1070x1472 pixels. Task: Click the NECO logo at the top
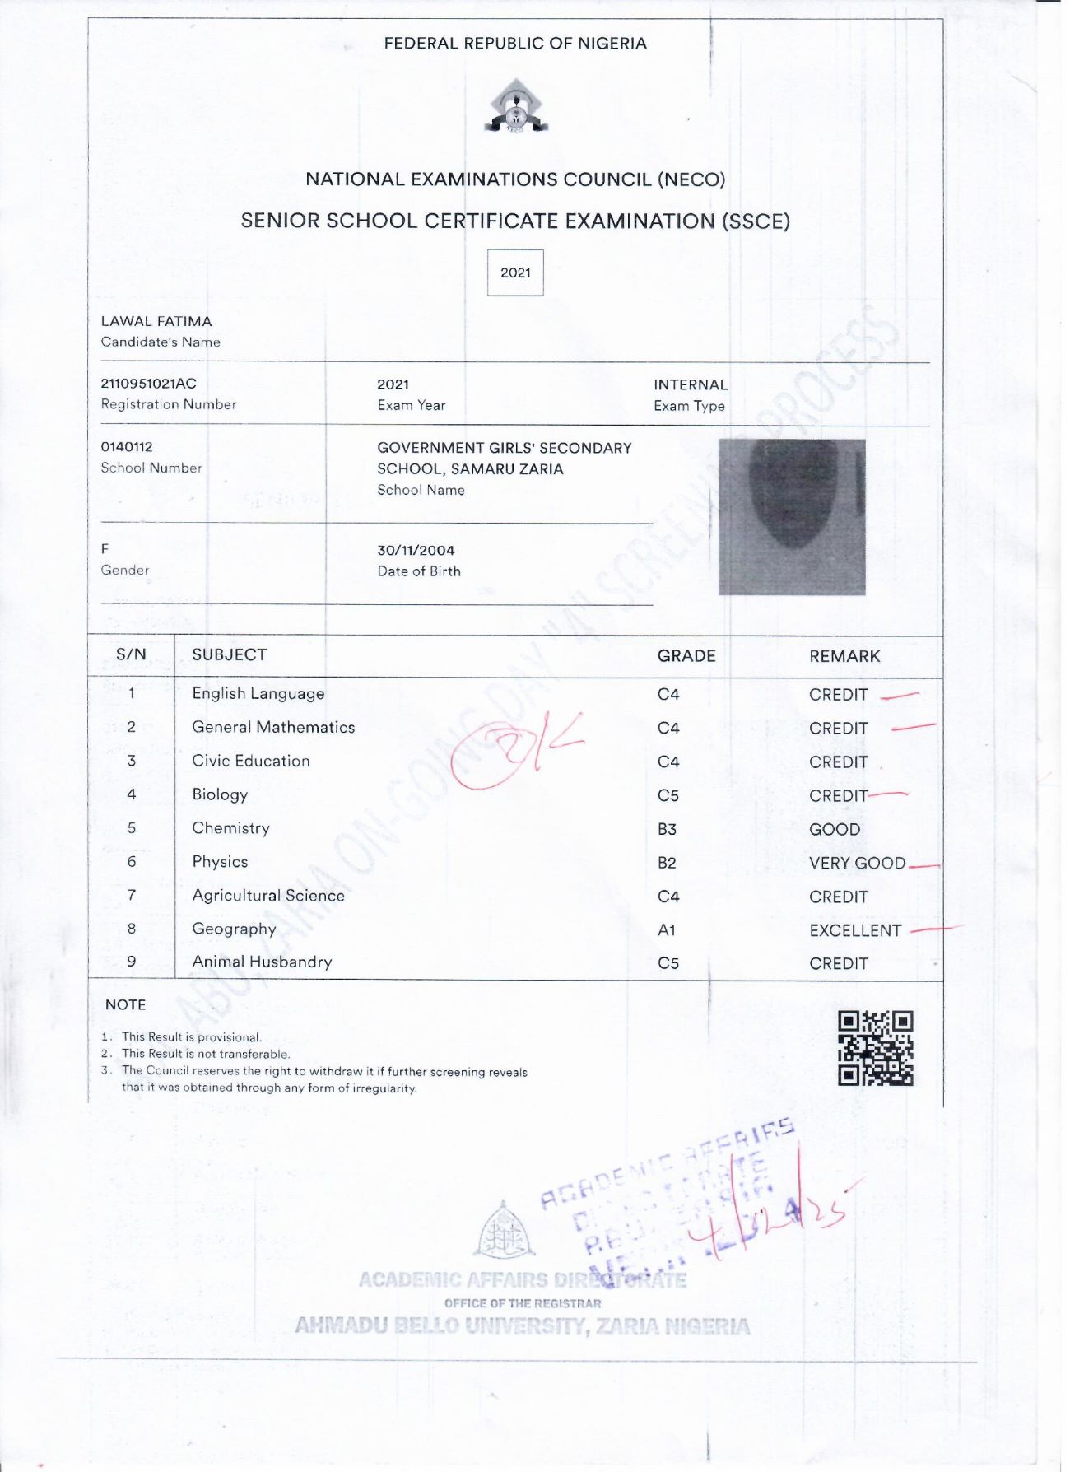516,107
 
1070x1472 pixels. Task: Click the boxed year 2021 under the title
515,273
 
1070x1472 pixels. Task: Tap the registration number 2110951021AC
149,384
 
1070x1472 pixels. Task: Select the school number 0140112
127,447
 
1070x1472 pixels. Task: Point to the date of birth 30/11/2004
416,551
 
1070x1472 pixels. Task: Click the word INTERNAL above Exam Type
691,384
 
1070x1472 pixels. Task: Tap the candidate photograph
792,517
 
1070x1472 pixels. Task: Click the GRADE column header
686,656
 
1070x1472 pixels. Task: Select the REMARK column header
844,656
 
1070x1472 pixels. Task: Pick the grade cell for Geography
667,930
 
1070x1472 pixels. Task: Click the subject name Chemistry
230,828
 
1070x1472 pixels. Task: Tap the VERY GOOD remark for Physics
857,863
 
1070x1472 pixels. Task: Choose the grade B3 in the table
667,829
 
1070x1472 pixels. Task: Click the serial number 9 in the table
132,962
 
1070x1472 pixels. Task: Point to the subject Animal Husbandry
262,962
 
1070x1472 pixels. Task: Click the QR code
875,1048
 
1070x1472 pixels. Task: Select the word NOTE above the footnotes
125,1004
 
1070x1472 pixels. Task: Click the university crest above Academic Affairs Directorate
504,1231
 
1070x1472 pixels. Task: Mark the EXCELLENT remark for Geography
855,930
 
